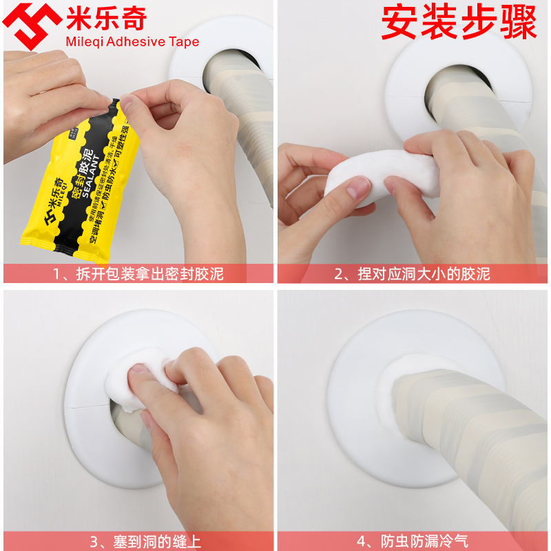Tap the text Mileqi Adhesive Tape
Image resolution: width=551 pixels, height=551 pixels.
tap(132, 41)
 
